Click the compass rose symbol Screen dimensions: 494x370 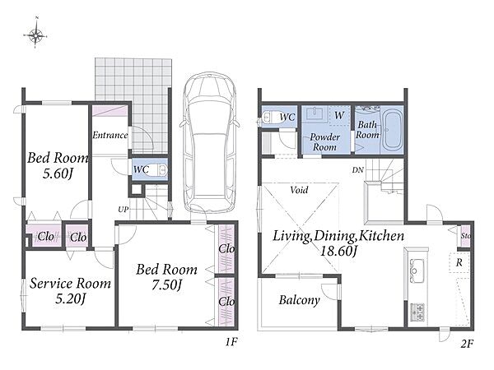click(x=35, y=35)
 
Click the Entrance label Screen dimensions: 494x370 click(x=110, y=136)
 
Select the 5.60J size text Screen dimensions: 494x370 click(x=58, y=173)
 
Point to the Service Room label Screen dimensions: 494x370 click(x=70, y=284)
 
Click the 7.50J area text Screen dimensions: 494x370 click(x=166, y=285)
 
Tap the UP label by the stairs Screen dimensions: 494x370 click(x=123, y=209)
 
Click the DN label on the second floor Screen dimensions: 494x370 click(x=358, y=170)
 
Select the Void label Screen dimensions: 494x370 click(x=299, y=190)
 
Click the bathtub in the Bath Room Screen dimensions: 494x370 click(x=392, y=129)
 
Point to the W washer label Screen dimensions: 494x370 click(x=339, y=115)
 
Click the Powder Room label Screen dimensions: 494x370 click(x=325, y=142)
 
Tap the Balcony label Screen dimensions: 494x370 click(x=300, y=300)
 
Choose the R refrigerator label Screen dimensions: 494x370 click(x=459, y=262)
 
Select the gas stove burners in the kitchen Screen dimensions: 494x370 click(x=417, y=312)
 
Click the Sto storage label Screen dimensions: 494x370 click(x=466, y=235)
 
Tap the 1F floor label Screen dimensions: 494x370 click(x=231, y=342)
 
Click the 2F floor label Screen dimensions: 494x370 click(x=467, y=344)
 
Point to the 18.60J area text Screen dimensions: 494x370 click(x=338, y=251)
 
